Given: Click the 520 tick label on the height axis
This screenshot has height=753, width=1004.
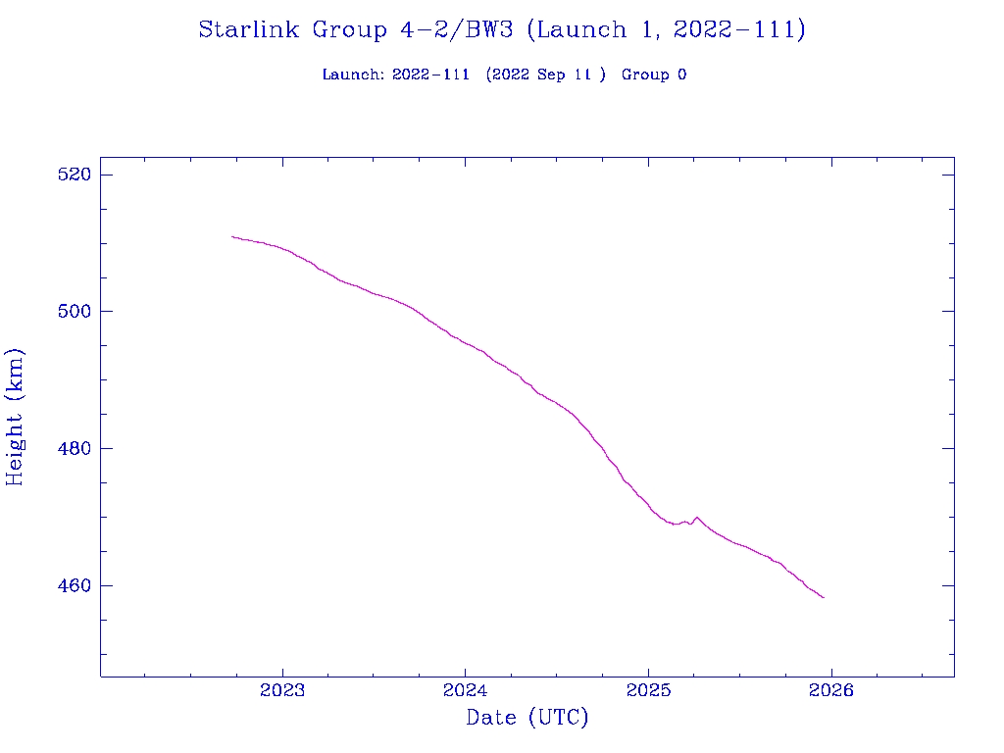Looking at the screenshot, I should (75, 175).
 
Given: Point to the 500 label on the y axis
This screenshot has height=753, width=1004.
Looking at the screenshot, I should (75, 312).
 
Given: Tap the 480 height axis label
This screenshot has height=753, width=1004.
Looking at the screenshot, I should (75, 449).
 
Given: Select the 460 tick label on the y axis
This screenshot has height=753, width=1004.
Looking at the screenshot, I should (75, 586).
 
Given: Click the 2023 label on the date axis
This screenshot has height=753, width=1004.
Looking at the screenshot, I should (283, 691).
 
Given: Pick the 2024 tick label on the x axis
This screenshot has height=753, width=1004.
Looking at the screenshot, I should (466, 691).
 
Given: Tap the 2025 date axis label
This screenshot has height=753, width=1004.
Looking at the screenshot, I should (648, 691).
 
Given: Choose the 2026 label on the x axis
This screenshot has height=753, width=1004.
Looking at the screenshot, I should (831, 691).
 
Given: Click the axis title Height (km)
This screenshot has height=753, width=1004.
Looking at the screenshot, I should (16, 417).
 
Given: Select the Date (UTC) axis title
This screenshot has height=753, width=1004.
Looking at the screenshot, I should (527, 719).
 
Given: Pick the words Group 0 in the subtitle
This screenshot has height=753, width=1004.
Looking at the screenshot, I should (653, 75).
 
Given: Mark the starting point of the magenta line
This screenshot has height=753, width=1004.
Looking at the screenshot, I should (231, 236).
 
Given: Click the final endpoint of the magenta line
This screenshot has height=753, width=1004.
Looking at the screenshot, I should (824, 597).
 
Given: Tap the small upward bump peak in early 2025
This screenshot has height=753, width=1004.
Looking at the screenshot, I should (696, 517).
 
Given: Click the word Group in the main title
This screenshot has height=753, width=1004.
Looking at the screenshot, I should (350, 30).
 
